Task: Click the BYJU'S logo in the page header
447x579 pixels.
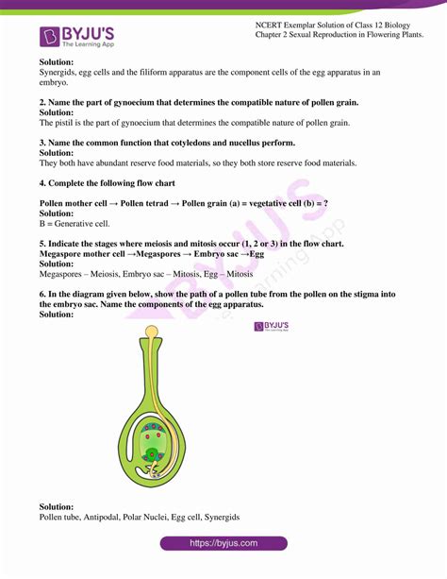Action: coord(77,36)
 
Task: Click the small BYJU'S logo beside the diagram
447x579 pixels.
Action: coord(272,326)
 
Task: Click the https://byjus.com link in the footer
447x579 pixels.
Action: coord(223,543)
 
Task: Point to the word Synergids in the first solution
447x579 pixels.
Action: coord(59,72)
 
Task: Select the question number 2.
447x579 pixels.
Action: coord(43,102)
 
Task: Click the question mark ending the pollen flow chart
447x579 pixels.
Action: coord(325,204)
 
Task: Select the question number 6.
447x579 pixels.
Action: coord(43,295)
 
